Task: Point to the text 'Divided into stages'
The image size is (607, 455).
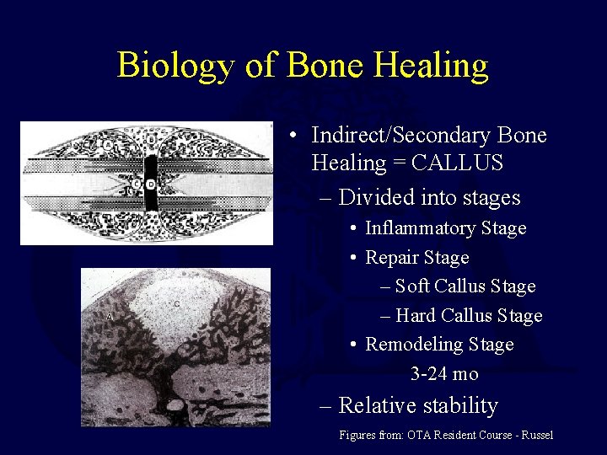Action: point(429,198)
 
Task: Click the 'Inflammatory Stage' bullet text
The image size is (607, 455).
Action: point(445,228)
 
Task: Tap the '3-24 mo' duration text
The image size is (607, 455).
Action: point(444,373)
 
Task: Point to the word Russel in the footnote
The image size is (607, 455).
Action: point(538,435)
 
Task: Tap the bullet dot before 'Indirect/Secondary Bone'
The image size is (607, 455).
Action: point(290,136)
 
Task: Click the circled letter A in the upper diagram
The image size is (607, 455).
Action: point(109,145)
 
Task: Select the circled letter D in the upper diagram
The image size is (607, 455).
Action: point(151,183)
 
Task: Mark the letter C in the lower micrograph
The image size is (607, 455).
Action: point(176,302)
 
